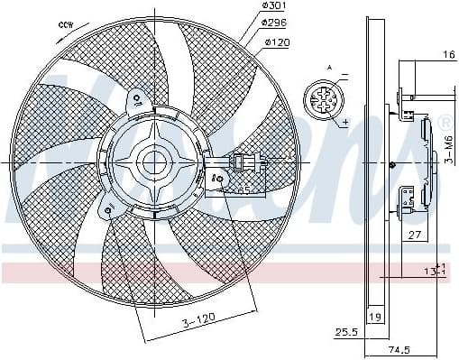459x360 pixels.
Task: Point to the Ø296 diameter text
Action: click(x=276, y=24)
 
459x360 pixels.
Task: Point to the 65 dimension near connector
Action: click(x=243, y=190)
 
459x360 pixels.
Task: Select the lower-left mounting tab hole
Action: click(x=109, y=211)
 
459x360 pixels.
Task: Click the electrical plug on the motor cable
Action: click(x=245, y=162)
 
